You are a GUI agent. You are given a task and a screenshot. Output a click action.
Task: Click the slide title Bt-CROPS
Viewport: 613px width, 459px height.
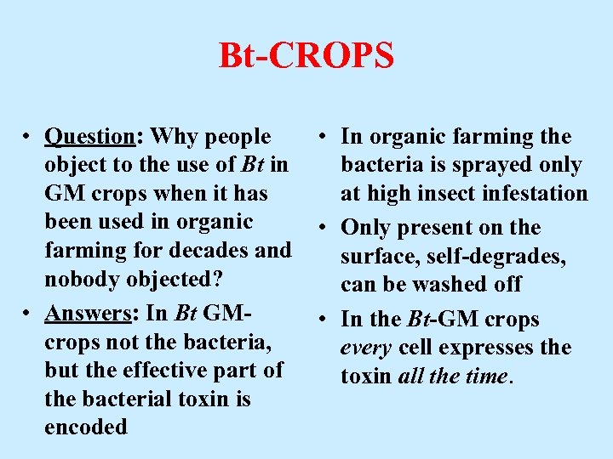click(306, 56)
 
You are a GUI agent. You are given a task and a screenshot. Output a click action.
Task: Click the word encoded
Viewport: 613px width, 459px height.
click(86, 427)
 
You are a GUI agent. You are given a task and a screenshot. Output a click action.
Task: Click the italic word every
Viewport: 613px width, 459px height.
click(364, 348)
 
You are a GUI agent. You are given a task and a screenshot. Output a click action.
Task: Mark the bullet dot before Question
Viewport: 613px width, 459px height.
click(28, 138)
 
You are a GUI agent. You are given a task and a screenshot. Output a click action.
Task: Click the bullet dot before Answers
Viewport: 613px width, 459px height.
click(28, 314)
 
